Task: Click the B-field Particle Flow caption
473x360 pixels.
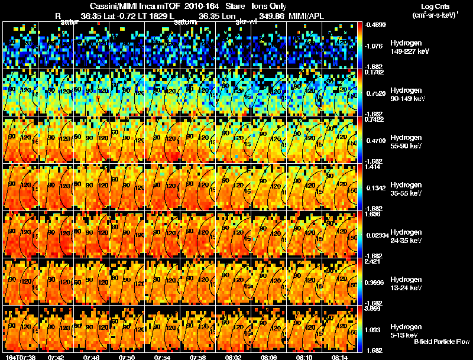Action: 441,342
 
